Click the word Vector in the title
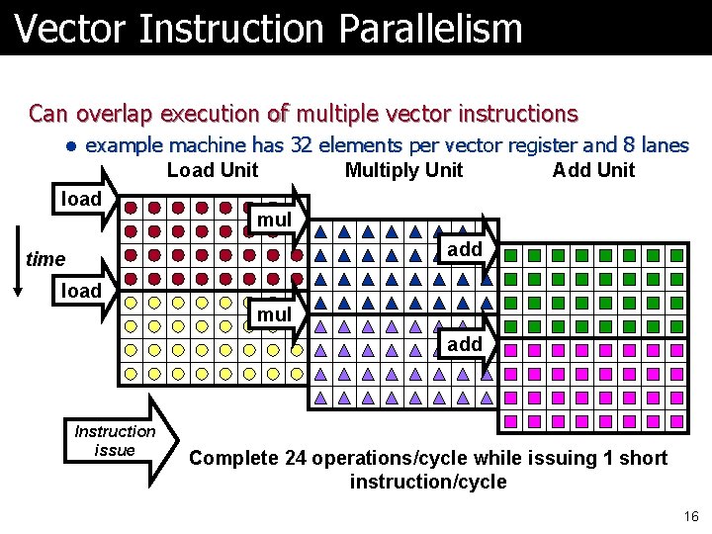coord(71,28)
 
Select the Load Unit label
coord(213,170)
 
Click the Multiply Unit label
coord(403,170)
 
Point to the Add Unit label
coord(593,170)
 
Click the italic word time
coord(45,259)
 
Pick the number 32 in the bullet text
coord(305,145)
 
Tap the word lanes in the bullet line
coord(665,145)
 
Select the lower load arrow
coord(85,291)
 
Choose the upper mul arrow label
coord(275,219)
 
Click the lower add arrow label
coord(465,344)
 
